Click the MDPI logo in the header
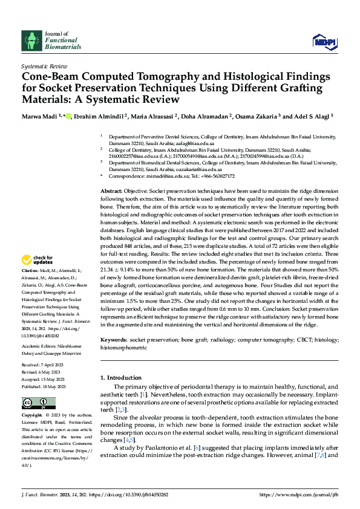click(324, 41)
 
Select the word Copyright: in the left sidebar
click(33, 416)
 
